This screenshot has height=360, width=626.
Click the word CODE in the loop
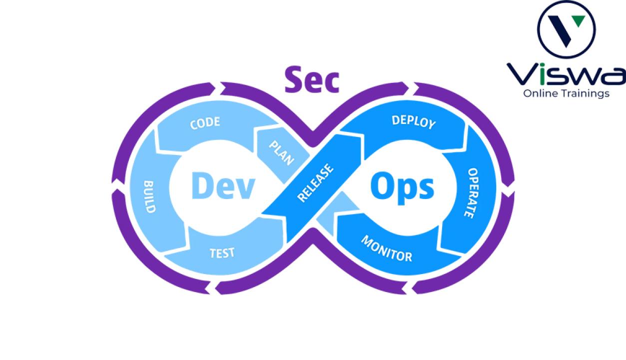point(205,123)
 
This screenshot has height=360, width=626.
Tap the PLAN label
point(282,152)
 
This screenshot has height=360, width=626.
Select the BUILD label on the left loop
point(149,196)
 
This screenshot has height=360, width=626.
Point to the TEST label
point(222,253)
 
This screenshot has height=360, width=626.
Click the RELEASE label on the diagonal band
point(315,183)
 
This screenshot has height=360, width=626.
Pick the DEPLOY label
point(414,122)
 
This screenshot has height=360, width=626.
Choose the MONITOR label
point(387,248)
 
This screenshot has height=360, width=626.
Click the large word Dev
point(223,185)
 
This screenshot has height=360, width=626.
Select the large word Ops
point(403,187)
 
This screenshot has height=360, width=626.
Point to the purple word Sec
point(312,79)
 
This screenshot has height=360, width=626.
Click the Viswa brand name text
point(566,74)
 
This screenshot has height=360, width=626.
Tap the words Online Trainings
point(566,93)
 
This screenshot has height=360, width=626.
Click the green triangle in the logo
point(578,21)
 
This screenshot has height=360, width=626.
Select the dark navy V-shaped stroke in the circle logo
point(560,31)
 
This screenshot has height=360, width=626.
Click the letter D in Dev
point(201,185)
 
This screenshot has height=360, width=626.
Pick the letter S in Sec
point(294,79)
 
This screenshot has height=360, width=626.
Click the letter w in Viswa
point(580,76)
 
